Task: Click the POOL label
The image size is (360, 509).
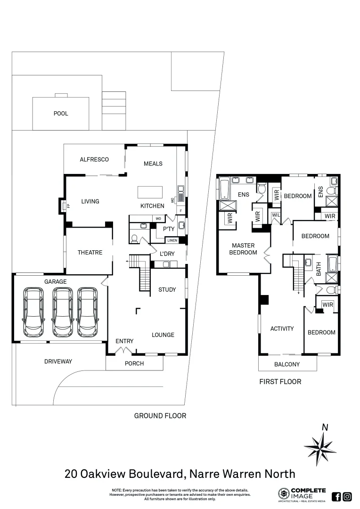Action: point(60,114)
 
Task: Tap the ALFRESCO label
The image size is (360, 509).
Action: point(94,160)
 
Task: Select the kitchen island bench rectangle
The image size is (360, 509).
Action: point(150,192)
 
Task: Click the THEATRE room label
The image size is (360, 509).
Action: point(90,253)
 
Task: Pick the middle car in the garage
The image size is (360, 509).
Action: point(63,312)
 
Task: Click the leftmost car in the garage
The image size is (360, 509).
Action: point(34,312)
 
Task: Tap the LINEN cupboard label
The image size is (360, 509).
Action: point(172,240)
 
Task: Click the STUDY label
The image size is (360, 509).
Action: point(167,290)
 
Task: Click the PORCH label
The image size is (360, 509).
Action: point(134,363)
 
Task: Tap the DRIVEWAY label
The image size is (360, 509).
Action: point(58,361)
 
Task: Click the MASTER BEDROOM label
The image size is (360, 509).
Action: point(243,249)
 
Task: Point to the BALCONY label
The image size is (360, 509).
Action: point(287,364)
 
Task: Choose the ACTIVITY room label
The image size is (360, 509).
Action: point(282,329)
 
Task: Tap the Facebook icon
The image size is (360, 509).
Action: point(336,496)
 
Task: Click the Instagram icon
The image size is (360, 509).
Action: point(347,496)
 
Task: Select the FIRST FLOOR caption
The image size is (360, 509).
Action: point(280,382)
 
